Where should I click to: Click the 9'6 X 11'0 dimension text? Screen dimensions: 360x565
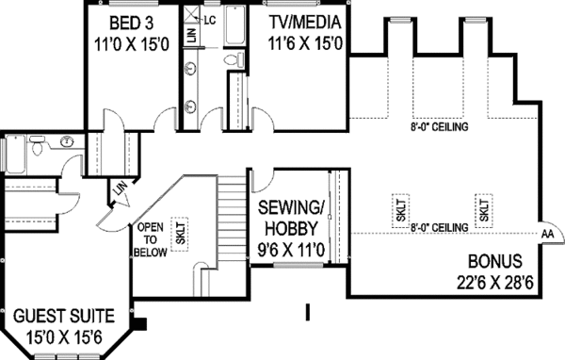coord(291,250)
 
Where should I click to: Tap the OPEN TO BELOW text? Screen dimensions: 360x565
coord(151,239)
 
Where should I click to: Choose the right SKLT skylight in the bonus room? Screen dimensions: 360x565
coord(483,210)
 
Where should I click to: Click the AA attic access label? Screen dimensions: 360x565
coord(546,233)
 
